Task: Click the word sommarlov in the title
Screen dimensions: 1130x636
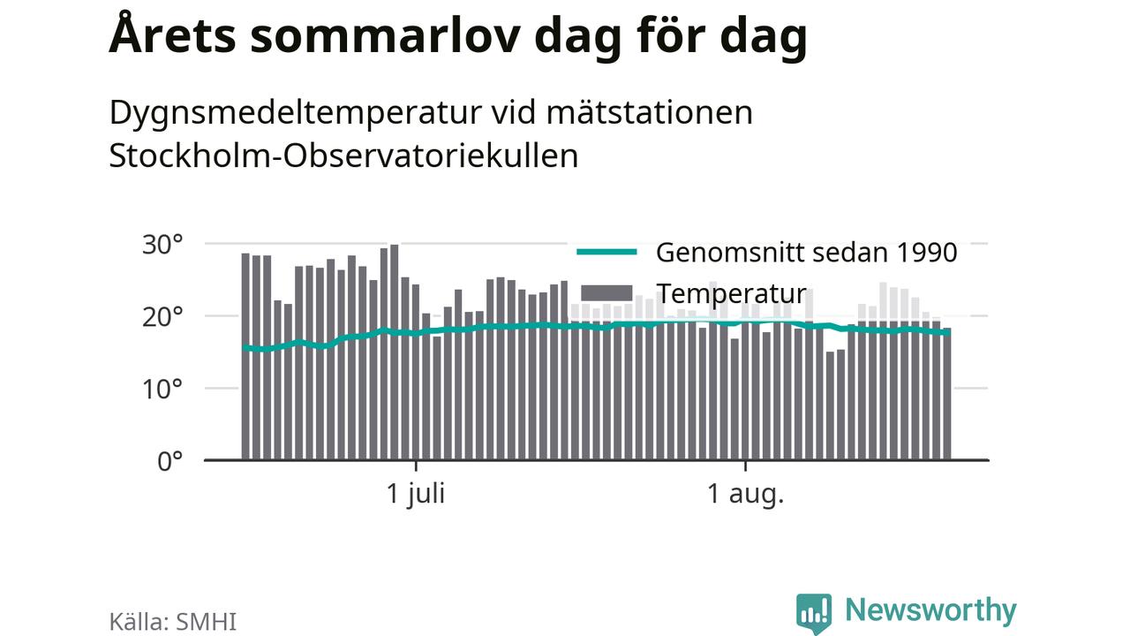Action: [x=385, y=36]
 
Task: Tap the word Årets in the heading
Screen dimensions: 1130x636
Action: [x=172, y=34]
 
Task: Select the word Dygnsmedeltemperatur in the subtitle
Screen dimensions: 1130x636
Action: [x=296, y=114]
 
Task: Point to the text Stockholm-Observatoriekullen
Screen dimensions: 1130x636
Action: [x=343, y=155]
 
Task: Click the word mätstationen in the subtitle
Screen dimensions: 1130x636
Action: [x=649, y=112]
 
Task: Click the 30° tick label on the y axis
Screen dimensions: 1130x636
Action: [x=162, y=245]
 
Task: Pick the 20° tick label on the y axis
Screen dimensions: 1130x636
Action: [x=162, y=317]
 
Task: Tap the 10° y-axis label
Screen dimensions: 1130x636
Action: [x=162, y=390]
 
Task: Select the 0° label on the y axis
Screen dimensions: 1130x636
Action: [x=170, y=462]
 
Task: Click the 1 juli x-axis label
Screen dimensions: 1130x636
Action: [x=416, y=494]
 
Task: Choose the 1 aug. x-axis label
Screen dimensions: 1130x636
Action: [x=746, y=494]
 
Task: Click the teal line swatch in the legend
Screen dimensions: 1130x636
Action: [x=606, y=252]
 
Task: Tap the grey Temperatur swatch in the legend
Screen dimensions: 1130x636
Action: [x=606, y=293]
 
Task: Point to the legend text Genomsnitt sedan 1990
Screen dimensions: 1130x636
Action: [x=806, y=253]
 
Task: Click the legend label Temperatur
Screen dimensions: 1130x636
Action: [x=733, y=294]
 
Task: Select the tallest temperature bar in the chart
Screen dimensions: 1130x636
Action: [x=395, y=352]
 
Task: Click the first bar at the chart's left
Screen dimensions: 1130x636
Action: [x=245, y=356]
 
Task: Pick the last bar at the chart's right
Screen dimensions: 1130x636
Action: [x=947, y=394]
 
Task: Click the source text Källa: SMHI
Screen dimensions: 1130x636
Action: [x=172, y=621]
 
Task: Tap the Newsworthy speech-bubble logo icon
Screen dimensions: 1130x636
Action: [x=814, y=613]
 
